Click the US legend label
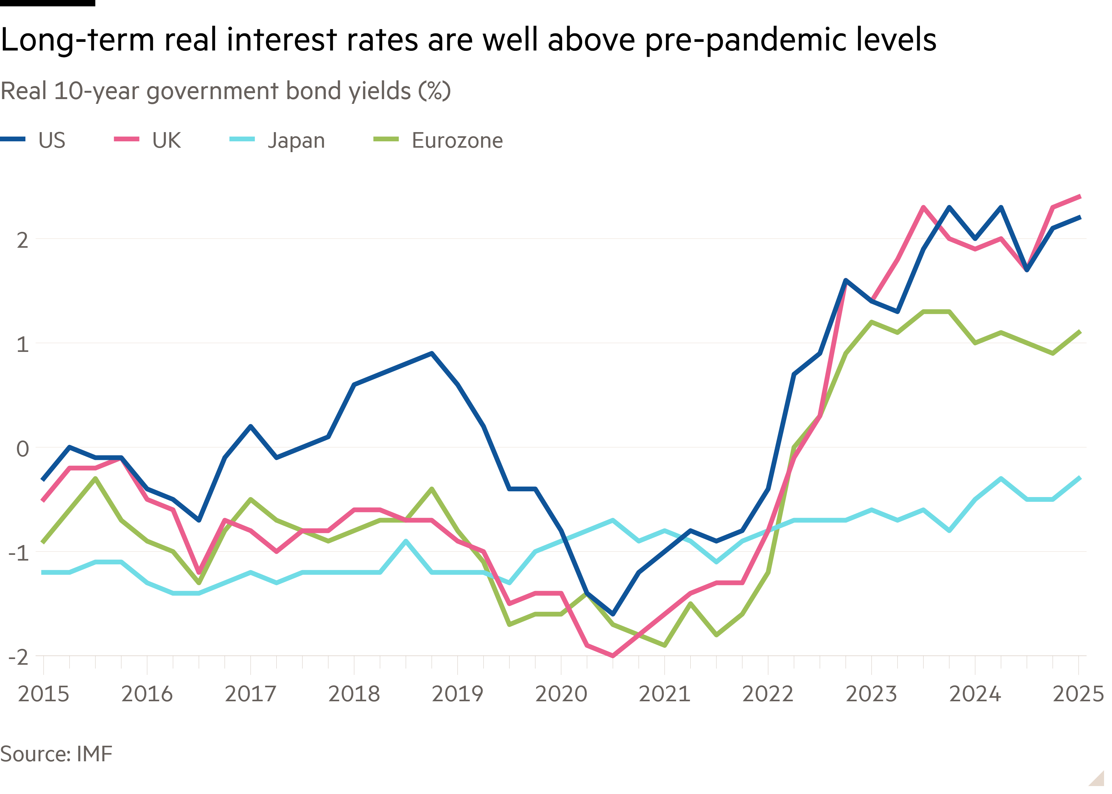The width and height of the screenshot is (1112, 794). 51,141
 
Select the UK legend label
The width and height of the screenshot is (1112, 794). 166,141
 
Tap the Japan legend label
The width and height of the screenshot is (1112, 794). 296,141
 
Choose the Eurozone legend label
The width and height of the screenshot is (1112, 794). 457,141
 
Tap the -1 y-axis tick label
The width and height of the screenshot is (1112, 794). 18,553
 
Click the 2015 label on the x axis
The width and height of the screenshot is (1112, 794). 44,694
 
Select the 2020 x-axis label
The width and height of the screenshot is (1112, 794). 561,694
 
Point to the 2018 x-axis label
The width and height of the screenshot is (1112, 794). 354,694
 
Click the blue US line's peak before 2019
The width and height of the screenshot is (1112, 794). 431,353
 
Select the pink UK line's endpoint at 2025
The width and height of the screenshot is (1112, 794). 1080,197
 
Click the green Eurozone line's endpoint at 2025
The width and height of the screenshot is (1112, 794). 1080,332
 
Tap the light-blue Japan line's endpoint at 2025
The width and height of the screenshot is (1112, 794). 1080,478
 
